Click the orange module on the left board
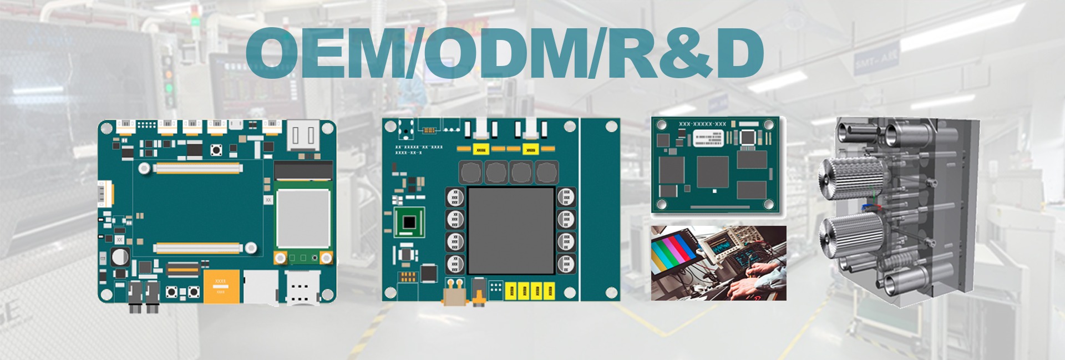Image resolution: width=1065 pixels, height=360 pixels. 222,286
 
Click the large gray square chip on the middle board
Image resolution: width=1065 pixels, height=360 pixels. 511,230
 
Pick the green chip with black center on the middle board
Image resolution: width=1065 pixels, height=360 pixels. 409,222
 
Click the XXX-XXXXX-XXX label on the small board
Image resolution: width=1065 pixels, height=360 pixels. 702,124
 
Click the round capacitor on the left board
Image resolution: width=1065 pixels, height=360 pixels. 120,257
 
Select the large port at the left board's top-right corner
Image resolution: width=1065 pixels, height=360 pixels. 303,136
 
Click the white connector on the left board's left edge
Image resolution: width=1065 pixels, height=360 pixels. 104,194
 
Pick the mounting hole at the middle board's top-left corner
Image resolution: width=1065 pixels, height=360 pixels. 391,126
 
